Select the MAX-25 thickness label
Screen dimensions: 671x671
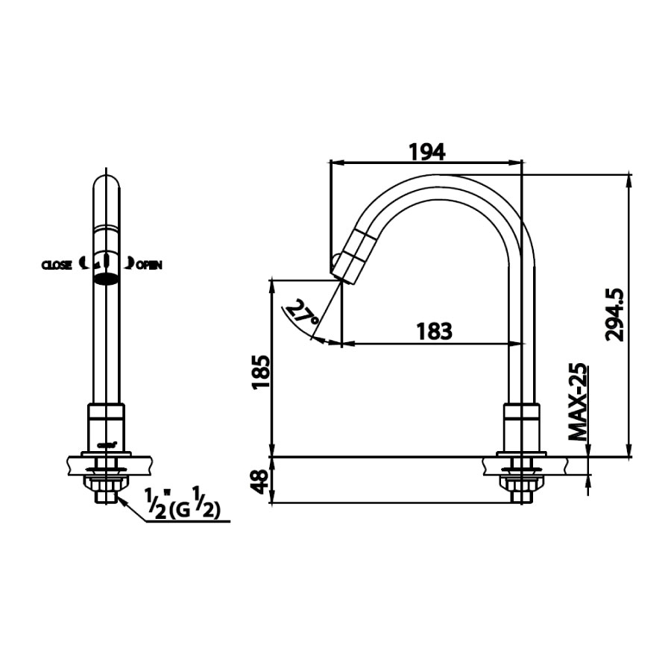(576, 403)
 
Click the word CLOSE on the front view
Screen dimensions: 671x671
(57, 265)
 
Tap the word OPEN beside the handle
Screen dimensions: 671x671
(148, 265)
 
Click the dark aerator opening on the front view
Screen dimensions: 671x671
(106, 280)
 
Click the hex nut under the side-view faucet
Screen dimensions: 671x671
(521, 491)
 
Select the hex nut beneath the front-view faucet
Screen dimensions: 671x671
(105, 491)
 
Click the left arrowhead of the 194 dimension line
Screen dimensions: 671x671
(335, 162)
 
